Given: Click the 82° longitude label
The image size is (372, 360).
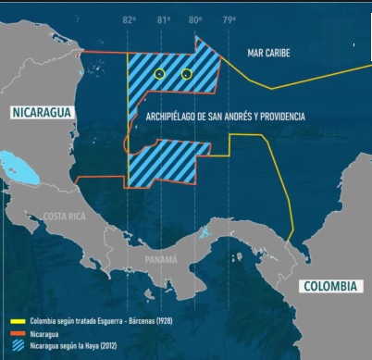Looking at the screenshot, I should [x=129, y=19].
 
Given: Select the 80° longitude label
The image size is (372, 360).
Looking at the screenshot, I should [x=195, y=19].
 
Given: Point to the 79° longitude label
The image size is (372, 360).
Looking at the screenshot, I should [x=228, y=19].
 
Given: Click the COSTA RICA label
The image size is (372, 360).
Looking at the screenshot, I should [x=64, y=216].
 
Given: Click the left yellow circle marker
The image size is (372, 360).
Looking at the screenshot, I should [x=159, y=73].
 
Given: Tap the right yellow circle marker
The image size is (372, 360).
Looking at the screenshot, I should [x=187, y=73].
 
